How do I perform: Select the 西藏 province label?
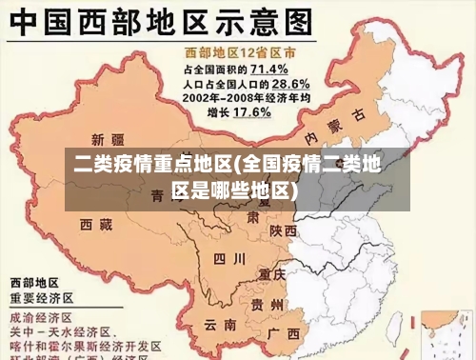pos(96,224)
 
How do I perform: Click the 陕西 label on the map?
pos(284,230)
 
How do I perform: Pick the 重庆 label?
pos(272,273)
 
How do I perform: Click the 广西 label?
pos(285,333)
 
